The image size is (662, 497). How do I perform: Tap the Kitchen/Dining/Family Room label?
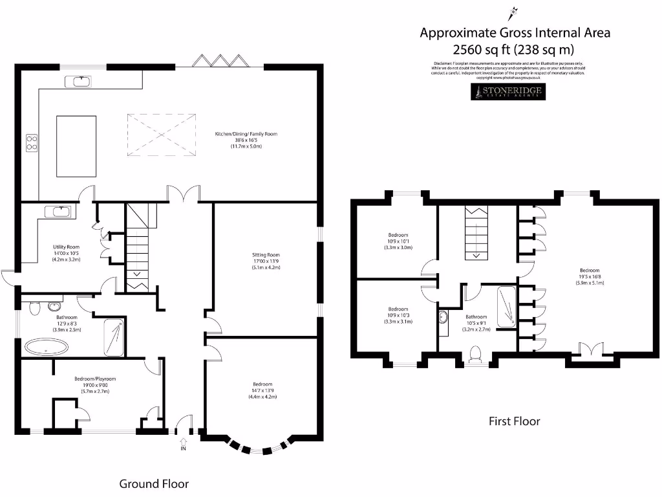246,134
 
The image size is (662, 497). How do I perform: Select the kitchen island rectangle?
76,146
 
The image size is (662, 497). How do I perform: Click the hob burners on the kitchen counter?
30,142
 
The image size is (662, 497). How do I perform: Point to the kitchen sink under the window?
81,81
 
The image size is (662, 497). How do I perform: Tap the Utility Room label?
66,247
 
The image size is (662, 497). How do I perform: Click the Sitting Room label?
266,255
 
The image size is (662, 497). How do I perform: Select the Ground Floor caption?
154,483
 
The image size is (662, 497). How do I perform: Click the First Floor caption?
514,421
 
